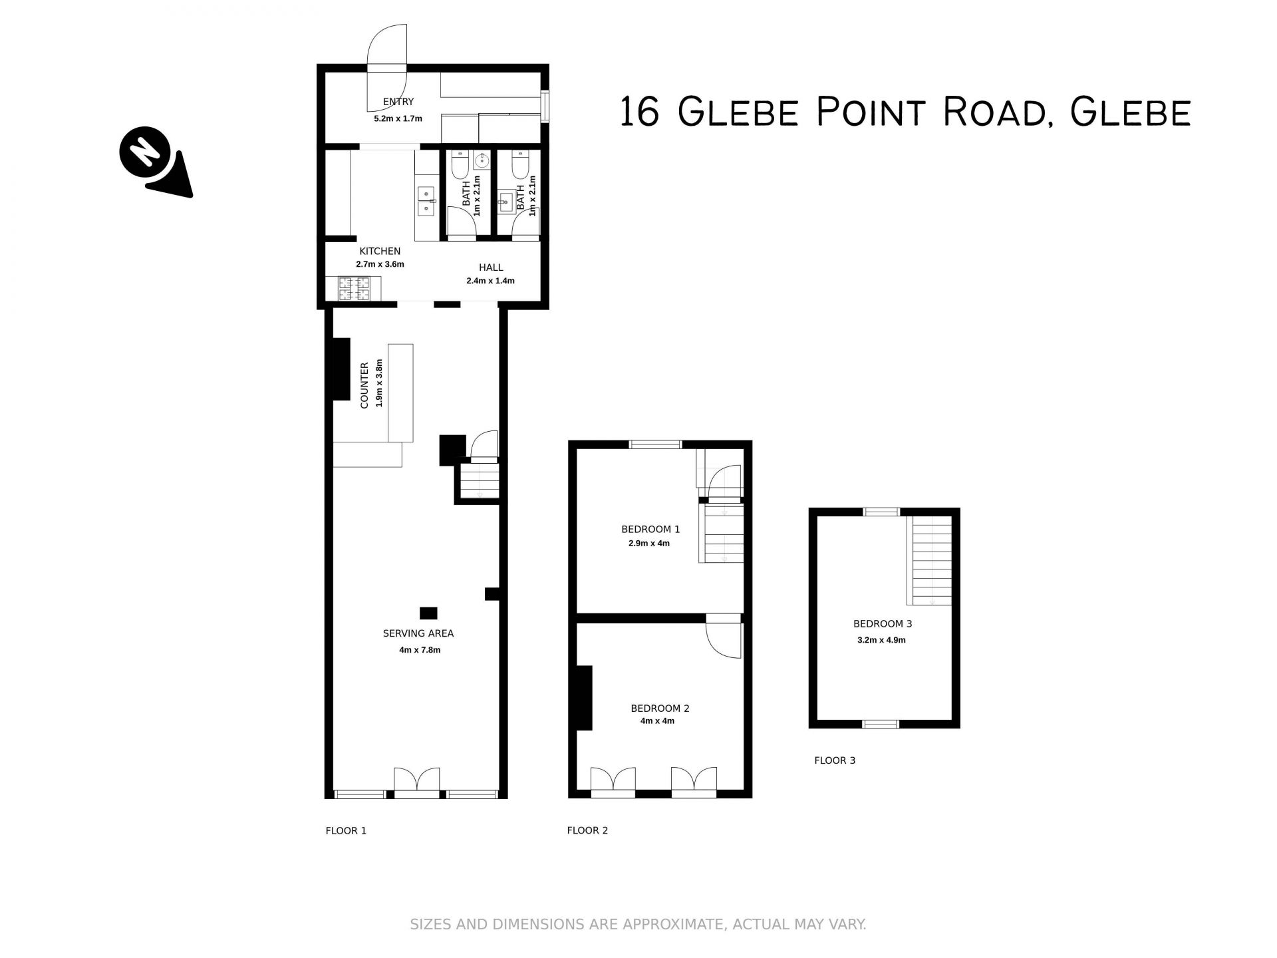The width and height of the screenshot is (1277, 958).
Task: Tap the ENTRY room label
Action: point(398,102)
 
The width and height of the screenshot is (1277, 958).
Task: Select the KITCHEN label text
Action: point(380,251)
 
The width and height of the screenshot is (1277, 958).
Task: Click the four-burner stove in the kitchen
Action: point(354,288)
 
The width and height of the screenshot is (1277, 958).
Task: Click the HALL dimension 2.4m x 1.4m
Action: point(490,281)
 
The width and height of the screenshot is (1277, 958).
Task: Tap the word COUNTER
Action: point(364,385)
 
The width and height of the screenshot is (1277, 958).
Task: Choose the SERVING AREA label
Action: point(418,633)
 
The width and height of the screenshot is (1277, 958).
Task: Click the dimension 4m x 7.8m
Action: point(420,650)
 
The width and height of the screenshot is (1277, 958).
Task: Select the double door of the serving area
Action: point(417,782)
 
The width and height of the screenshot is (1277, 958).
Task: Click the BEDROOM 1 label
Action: point(650,530)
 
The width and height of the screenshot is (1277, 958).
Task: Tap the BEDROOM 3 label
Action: point(883,624)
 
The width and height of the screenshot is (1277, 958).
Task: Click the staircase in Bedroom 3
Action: point(931,561)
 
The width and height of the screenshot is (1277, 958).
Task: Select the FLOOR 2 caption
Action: point(587,830)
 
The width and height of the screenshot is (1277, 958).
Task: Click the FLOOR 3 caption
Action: point(835,760)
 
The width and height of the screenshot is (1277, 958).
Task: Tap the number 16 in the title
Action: point(639,112)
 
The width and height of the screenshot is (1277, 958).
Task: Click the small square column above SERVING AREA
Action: point(428,613)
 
